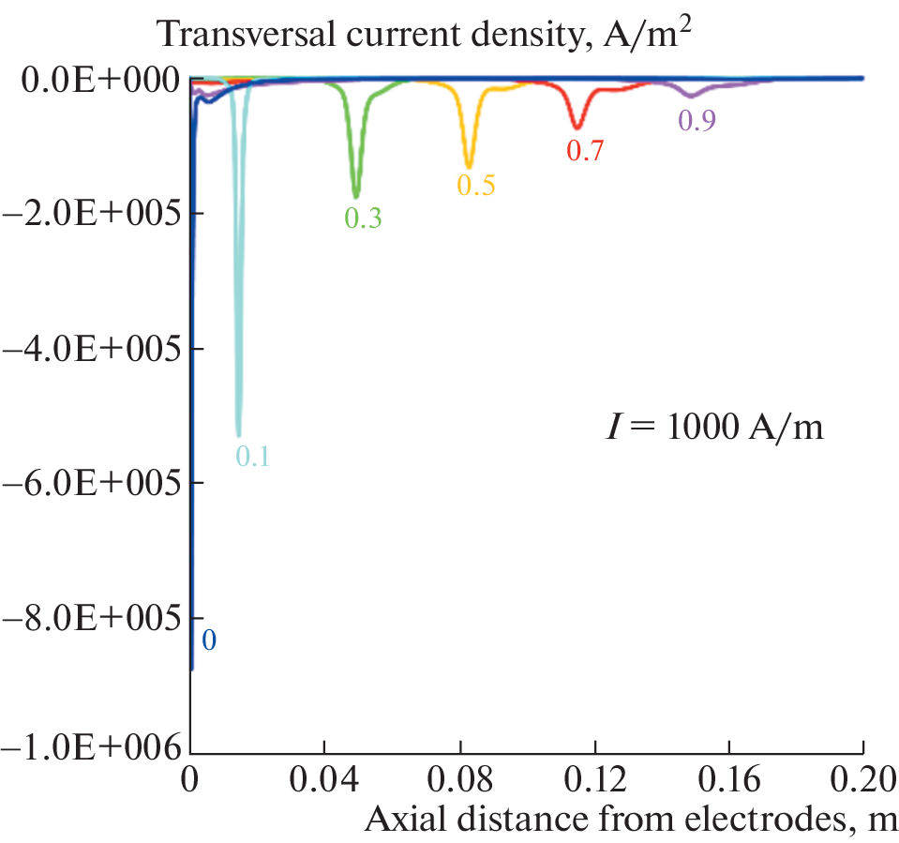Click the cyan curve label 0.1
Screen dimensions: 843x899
[x=252, y=457]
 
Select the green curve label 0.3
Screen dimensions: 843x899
[x=363, y=218]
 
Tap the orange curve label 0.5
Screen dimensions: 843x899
[x=475, y=185]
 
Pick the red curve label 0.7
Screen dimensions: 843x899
[x=585, y=149]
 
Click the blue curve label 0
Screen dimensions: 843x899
[x=209, y=640]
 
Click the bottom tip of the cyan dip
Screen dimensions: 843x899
[x=238, y=435]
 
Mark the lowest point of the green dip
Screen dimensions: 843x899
[x=355, y=196]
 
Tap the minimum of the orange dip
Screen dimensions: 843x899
[x=469, y=166]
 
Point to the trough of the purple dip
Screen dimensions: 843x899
[x=691, y=96]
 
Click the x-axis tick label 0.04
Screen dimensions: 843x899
[x=324, y=780]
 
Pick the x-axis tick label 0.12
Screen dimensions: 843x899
[x=594, y=780]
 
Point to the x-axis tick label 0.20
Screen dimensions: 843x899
[x=862, y=780]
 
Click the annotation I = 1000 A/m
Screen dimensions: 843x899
[x=712, y=429]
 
